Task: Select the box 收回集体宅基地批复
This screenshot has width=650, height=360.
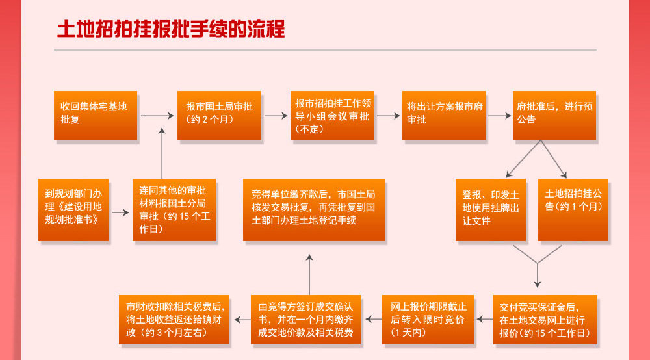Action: (x=96, y=115)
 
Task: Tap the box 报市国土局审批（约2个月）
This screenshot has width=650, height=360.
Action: (x=220, y=115)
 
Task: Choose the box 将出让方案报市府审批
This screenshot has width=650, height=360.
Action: (x=444, y=115)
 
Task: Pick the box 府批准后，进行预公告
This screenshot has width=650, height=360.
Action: (x=554, y=115)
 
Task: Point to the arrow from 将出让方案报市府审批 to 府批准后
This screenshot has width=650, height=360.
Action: (x=500, y=116)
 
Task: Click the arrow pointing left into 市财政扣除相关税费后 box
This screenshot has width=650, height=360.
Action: (x=242, y=320)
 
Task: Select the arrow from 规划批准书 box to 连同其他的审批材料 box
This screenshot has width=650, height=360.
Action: (x=120, y=212)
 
